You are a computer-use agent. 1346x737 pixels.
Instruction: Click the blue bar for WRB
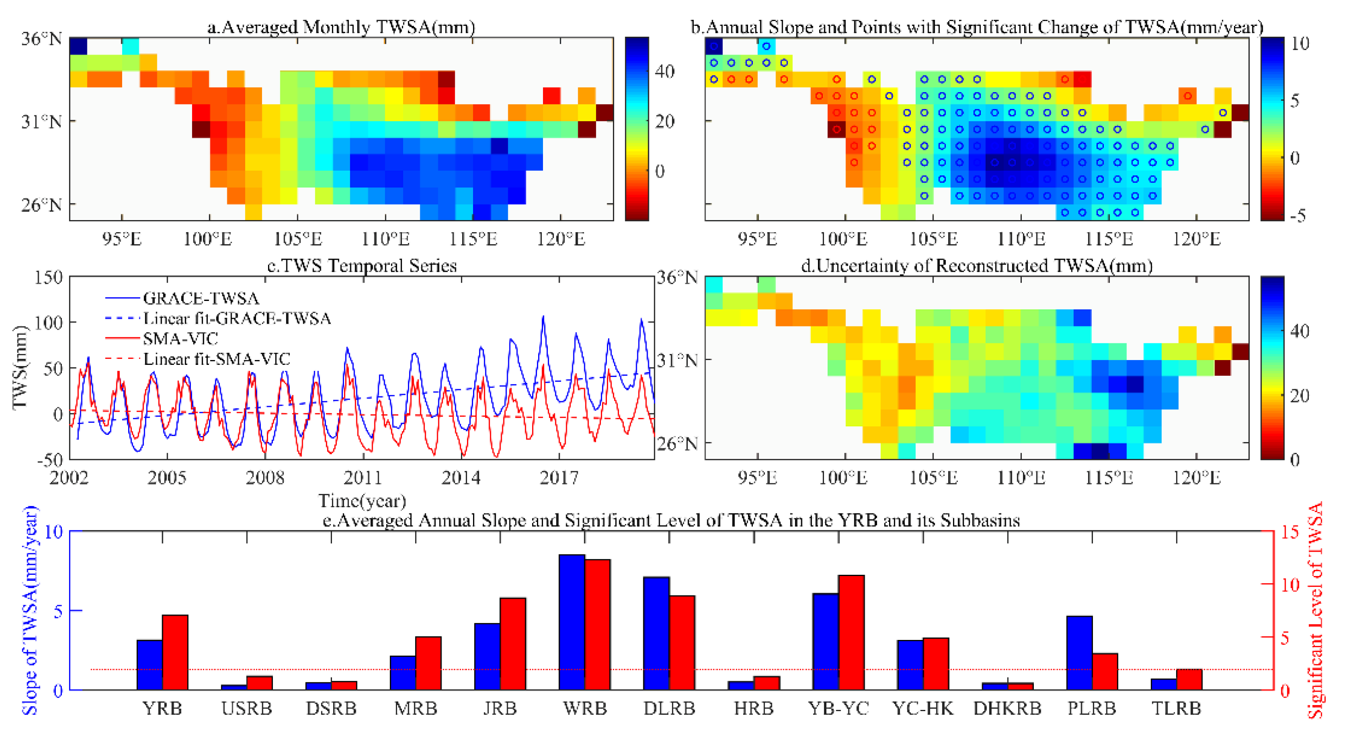(572, 622)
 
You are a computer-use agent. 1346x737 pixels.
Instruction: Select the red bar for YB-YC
(851, 633)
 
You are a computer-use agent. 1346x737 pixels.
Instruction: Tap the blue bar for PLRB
(1080, 653)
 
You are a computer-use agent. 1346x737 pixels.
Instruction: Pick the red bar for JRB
(513, 644)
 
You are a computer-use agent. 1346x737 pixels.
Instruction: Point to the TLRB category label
(1176, 708)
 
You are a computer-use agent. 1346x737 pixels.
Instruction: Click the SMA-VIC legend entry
(180, 339)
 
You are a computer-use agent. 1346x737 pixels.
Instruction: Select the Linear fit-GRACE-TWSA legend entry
(237, 318)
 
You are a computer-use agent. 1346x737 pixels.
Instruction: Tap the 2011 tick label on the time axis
(363, 477)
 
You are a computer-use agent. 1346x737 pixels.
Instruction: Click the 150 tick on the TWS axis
(49, 277)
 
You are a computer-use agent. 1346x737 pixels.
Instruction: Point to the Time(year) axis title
(362, 501)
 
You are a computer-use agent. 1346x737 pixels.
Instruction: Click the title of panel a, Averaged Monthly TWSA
(341, 27)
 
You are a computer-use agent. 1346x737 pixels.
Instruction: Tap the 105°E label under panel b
(933, 239)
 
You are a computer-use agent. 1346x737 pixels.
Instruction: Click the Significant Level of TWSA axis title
(1315, 610)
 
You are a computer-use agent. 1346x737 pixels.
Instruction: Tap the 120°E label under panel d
(1196, 477)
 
